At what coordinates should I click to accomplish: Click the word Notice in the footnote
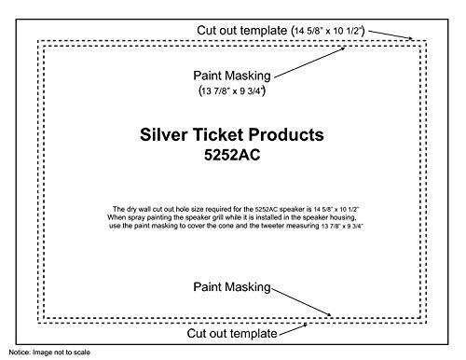[x=17, y=354]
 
